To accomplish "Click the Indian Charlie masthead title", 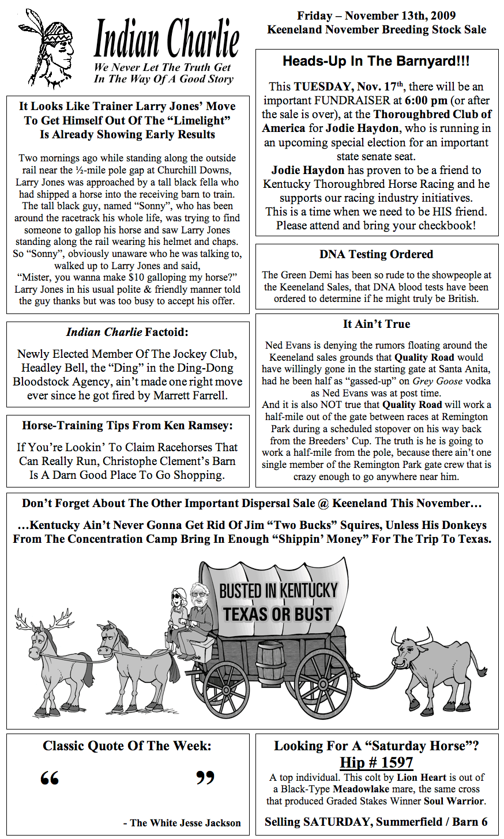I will (x=166, y=39).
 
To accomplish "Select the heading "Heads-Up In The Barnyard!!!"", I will (x=376, y=61).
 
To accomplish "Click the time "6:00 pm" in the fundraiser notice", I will (x=427, y=100).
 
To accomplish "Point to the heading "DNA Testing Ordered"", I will (x=376, y=254).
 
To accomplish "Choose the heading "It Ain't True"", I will (x=376, y=324).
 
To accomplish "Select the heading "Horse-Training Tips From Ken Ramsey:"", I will (x=127, y=426).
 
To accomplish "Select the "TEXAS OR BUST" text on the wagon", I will (x=277, y=614).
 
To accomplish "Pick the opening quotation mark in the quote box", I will (x=50, y=778).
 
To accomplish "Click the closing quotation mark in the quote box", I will (x=205, y=778).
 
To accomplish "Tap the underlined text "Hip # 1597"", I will (x=376, y=762).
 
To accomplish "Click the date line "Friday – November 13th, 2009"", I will (x=376, y=16).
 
